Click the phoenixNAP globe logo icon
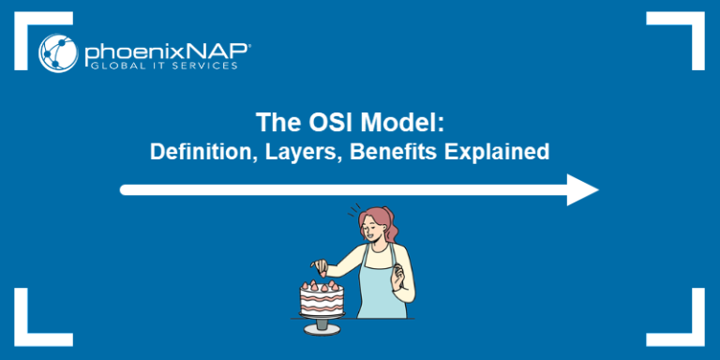coord(58,52)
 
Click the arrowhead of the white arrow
coord(582,189)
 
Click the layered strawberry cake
coord(322,297)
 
